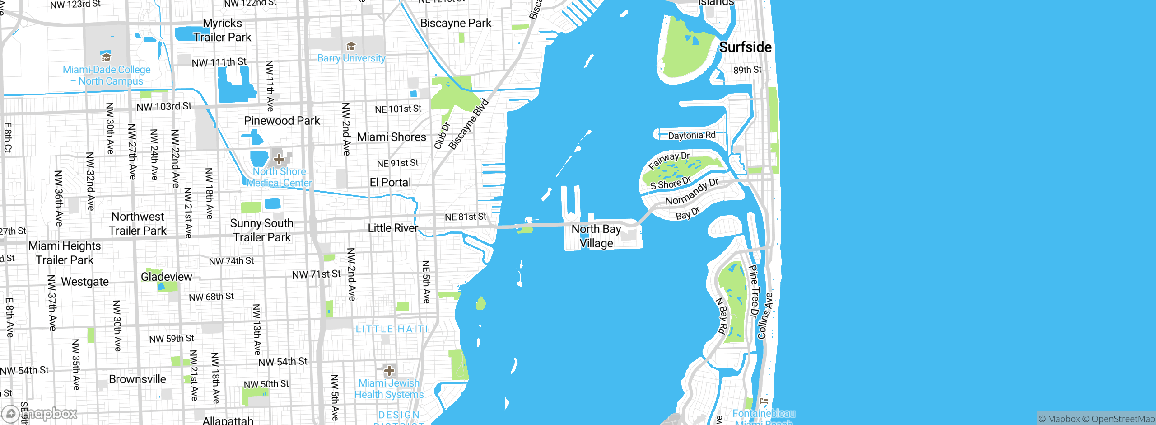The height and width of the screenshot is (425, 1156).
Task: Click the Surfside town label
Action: (x=745, y=47)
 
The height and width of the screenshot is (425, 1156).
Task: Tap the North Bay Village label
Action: (x=596, y=236)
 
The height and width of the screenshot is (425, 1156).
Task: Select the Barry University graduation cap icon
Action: (x=351, y=47)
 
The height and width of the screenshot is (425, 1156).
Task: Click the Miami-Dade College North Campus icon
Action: (x=106, y=57)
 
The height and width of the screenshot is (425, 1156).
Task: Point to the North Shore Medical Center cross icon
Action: (x=279, y=159)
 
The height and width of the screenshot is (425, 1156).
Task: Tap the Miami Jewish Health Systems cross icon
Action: (x=389, y=371)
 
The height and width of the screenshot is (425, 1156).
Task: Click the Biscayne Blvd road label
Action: (x=468, y=124)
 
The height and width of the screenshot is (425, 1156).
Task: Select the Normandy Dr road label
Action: (x=691, y=192)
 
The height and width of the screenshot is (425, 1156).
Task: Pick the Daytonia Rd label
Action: (x=691, y=135)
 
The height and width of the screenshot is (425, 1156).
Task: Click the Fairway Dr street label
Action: (x=669, y=161)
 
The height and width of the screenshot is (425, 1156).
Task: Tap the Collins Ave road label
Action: (x=765, y=316)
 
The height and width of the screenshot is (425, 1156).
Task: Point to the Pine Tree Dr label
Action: (x=754, y=292)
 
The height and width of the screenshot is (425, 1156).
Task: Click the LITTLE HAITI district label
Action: (x=392, y=329)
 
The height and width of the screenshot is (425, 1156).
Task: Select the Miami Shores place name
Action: (x=392, y=137)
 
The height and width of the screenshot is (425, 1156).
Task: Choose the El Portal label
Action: (x=390, y=183)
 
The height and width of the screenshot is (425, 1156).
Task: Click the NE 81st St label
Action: (x=465, y=217)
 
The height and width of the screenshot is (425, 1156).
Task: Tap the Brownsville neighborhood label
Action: (x=137, y=379)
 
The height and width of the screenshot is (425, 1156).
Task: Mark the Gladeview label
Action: (x=166, y=277)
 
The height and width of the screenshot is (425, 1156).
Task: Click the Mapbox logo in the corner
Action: (x=40, y=413)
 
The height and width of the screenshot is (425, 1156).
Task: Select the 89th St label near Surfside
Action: (x=747, y=70)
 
